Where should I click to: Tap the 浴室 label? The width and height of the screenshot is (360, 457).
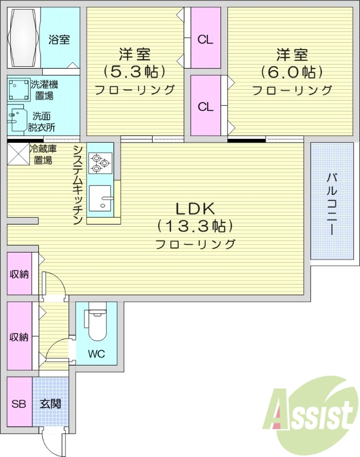59,40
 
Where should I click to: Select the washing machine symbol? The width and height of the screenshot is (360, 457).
19,89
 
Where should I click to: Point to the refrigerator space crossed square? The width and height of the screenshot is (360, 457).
18,154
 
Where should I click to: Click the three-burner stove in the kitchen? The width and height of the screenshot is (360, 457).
101,162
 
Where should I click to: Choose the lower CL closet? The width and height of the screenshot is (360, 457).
205,106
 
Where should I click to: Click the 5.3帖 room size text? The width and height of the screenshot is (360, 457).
134,72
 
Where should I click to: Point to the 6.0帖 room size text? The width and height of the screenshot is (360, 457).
291,72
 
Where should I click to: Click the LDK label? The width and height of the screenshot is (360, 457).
195,208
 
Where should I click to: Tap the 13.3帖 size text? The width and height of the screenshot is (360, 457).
195,226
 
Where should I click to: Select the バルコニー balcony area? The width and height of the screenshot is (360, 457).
330,203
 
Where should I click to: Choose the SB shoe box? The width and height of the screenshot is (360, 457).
19,404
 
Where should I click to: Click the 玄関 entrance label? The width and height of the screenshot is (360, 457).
50,404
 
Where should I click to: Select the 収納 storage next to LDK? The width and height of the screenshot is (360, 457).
19,274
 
